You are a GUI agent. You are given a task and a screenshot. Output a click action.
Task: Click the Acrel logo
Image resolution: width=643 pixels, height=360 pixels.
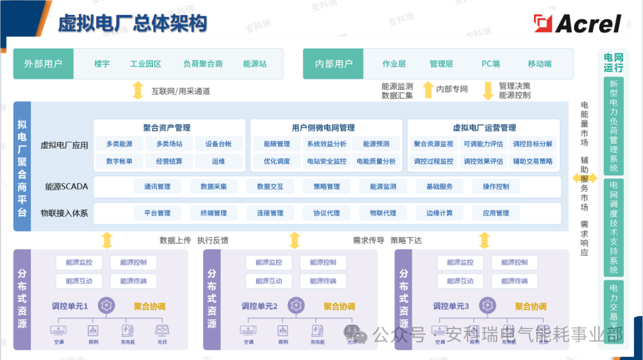(578, 24)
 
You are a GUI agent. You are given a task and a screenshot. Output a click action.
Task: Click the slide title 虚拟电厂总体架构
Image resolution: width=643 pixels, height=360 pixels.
(132, 24)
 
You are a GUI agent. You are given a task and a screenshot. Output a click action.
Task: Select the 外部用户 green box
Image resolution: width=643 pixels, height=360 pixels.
(43, 64)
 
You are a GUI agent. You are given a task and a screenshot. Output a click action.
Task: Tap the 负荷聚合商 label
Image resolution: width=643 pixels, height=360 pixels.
(203, 64)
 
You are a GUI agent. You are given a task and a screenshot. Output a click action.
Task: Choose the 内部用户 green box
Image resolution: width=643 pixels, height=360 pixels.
(334, 64)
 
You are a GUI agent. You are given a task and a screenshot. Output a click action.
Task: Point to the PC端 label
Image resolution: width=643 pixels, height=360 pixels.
(491, 64)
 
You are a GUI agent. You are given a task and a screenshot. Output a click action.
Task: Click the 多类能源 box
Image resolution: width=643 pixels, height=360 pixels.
(119, 144)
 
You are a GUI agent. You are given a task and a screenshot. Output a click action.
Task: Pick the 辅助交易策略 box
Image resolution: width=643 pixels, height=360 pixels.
(533, 161)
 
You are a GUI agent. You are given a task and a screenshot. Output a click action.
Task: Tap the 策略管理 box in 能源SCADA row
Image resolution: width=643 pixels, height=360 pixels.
(326, 187)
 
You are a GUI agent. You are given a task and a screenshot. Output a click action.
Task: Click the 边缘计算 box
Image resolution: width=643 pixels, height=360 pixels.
(439, 213)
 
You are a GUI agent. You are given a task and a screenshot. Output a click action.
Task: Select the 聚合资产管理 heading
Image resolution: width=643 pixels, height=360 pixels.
(167, 128)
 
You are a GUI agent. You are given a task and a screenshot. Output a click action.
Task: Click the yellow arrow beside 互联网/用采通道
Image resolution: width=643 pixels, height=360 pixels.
(138, 90)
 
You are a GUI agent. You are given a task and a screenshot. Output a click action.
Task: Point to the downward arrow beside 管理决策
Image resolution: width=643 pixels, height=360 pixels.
(488, 90)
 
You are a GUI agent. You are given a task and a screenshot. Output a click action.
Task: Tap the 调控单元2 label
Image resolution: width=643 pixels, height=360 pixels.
(260, 306)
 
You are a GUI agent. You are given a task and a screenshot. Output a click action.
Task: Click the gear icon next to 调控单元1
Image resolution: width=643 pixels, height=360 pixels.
(106, 306)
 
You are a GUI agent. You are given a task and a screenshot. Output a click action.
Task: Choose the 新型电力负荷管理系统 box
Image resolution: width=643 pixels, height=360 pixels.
(613, 126)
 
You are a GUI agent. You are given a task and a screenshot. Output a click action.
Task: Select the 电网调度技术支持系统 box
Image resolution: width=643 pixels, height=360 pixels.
(613, 227)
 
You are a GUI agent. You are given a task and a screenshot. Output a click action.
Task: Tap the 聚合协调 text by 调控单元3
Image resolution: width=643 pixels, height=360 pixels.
(530, 306)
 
